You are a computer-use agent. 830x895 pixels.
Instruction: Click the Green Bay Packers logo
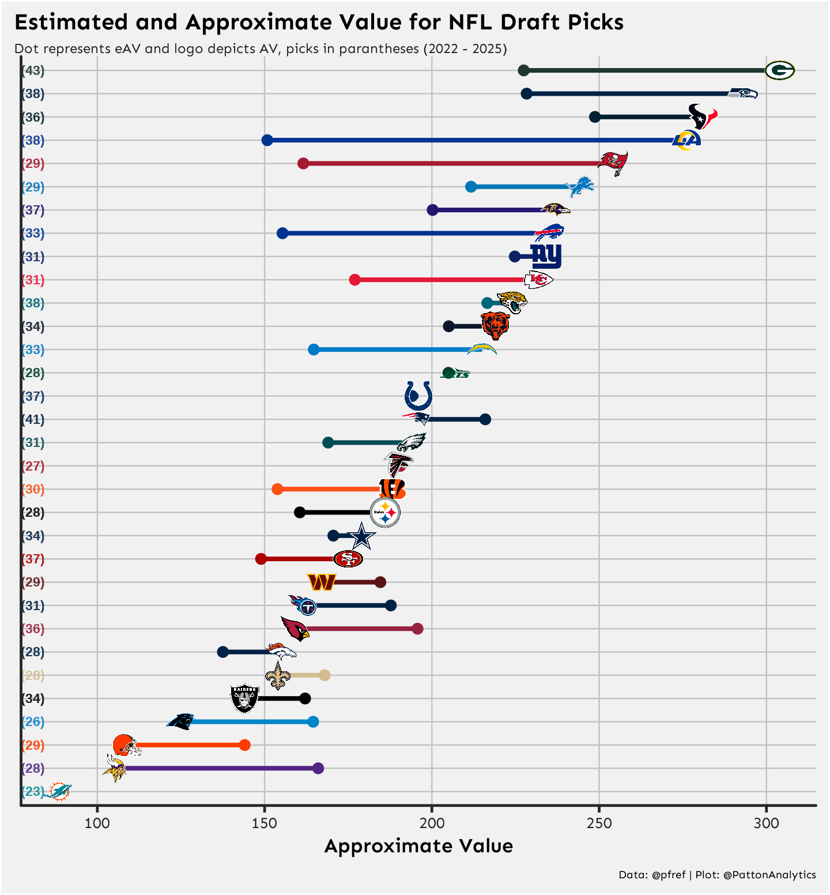[x=779, y=70]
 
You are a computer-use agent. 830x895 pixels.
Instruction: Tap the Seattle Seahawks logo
[x=742, y=93]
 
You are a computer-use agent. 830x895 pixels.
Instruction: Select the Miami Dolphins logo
[x=58, y=792]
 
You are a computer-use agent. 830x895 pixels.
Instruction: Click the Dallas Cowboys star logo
[x=362, y=536]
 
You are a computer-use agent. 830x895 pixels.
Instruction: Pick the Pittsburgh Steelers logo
[x=385, y=512]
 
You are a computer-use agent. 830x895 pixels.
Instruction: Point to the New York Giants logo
[x=546, y=256]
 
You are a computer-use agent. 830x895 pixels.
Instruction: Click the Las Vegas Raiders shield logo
[x=244, y=698]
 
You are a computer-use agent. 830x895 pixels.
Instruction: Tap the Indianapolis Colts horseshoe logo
[x=418, y=396]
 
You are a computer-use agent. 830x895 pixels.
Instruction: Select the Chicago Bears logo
[x=495, y=326]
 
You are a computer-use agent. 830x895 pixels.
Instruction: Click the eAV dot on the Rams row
[x=267, y=140]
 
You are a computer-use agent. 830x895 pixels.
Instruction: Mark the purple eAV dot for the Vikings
[x=318, y=768]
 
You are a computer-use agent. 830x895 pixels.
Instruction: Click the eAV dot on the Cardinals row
[x=418, y=629]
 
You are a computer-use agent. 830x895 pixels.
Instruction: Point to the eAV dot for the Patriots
[x=485, y=419]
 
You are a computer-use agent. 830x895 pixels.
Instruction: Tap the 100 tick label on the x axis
[x=97, y=823]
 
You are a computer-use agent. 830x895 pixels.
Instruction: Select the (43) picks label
[x=33, y=70]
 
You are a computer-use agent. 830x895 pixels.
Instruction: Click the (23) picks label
[x=33, y=792]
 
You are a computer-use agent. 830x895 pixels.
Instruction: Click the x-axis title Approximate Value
[x=418, y=846]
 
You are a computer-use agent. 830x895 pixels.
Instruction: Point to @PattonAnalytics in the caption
[x=769, y=875]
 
